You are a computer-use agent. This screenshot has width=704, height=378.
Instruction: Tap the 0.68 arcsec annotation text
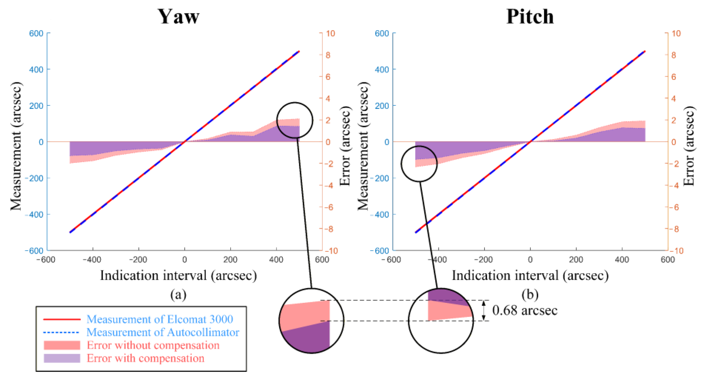click(525, 310)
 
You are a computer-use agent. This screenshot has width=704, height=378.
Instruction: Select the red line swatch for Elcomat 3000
click(62, 319)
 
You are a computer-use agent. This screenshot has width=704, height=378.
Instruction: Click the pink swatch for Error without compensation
click(62, 345)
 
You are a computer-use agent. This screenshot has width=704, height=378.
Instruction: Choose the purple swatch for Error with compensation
click(62, 358)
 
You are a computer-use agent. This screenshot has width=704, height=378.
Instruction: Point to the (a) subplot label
click(178, 295)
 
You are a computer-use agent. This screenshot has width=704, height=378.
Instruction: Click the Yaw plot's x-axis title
click(178, 275)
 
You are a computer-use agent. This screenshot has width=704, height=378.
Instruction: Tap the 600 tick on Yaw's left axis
click(36, 33)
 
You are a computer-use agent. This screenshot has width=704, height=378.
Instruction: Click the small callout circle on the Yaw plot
click(295, 120)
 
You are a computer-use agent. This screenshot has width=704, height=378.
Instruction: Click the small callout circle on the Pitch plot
click(419, 164)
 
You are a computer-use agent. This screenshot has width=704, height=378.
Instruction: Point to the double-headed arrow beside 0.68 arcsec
click(484, 310)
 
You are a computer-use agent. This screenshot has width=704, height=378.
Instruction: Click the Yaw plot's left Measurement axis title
click(16, 146)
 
